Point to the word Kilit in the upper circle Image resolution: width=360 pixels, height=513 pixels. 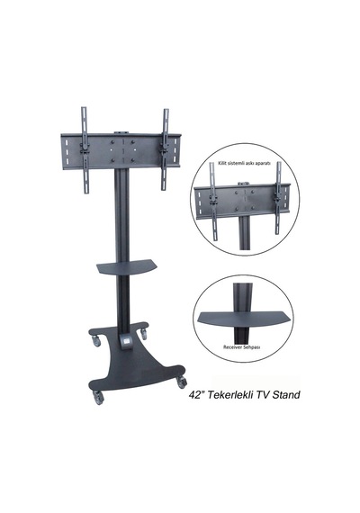222,162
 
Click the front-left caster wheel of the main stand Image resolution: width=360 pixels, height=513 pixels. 98,398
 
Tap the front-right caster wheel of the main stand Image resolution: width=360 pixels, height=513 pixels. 182,382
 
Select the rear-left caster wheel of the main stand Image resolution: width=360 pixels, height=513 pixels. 95,341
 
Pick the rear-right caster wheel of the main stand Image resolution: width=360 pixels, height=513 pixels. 144,334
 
